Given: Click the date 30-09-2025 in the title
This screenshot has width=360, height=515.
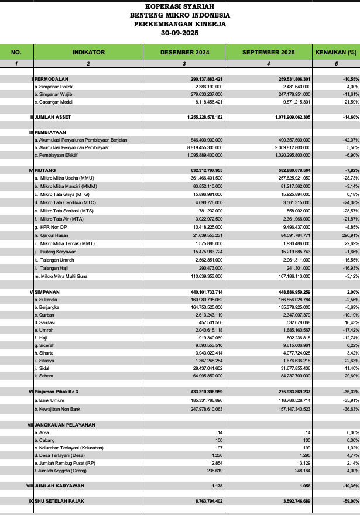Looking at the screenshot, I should [x=180, y=33].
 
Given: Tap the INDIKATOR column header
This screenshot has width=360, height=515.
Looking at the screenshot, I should [x=88, y=52].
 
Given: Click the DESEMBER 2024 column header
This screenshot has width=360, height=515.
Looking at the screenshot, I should [x=184, y=52].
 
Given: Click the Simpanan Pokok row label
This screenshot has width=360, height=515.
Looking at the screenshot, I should [x=54, y=86].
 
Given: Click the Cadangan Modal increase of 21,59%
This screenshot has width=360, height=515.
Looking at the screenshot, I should [x=348, y=102].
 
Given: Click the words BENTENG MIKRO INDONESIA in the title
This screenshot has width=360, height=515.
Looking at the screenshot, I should [x=180, y=15].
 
